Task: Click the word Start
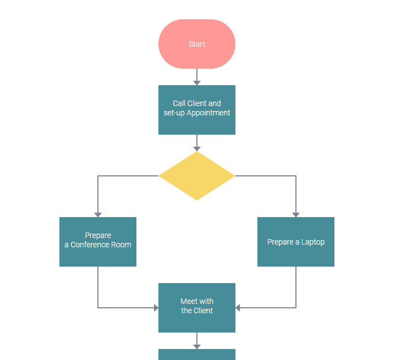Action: (x=197, y=44)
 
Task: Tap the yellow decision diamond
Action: (x=197, y=176)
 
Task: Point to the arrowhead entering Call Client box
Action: (x=197, y=82)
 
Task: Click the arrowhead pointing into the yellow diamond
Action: (x=197, y=148)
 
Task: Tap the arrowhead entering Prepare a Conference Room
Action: (x=98, y=214)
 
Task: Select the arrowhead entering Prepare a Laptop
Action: (x=296, y=214)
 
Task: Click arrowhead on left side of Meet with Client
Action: (x=156, y=308)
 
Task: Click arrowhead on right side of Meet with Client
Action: (x=238, y=308)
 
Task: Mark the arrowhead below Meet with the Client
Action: (x=197, y=346)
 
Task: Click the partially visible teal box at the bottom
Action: (x=197, y=355)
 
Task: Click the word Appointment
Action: (x=208, y=113)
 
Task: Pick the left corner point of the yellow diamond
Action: (x=160, y=176)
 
